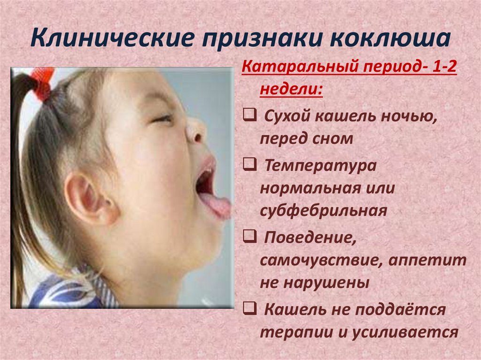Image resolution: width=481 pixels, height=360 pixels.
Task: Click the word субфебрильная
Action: [x=324, y=210]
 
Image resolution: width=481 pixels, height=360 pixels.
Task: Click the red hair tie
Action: [x=45, y=82]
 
